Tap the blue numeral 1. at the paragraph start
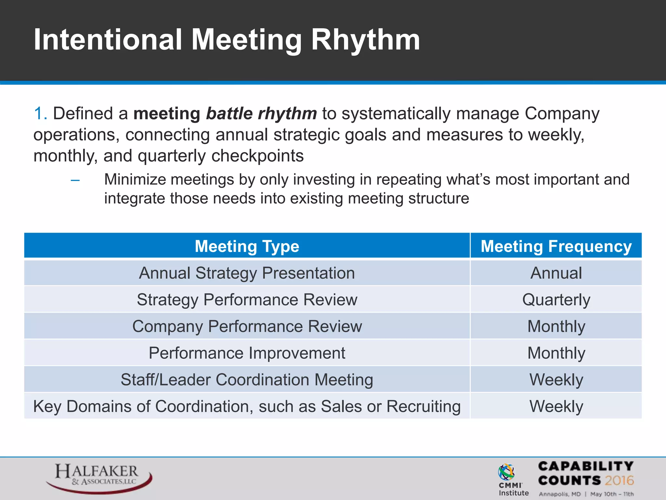pyautogui.click(x=41, y=114)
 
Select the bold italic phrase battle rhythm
pyautogui.click(x=261, y=114)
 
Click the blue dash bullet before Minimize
pyautogui.click(x=75, y=180)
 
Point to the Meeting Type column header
pyautogui.click(x=247, y=246)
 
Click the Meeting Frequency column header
pyautogui.click(x=556, y=246)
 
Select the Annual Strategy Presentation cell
pyautogui.click(x=247, y=273)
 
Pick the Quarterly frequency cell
pyautogui.click(x=556, y=299)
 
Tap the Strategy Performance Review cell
pyautogui.click(x=247, y=299)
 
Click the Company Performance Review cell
pyautogui.click(x=247, y=326)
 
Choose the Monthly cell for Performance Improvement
pyautogui.click(x=556, y=353)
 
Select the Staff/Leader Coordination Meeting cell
pyautogui.click(x=247, y=380)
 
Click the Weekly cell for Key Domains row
pyautogui.click(x=556, y=406)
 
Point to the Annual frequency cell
pyautogui.click(x=556, y=273)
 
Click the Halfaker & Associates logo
pyautogui.click(x=98, y=477)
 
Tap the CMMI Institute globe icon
pyautogui.click(x=506, y=472)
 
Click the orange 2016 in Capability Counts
pyautogui.click(x=619, y=480)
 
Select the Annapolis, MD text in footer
pyautogui.click(x=560, y=494)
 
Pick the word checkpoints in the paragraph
pyautogui.click(x=258, y=156)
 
